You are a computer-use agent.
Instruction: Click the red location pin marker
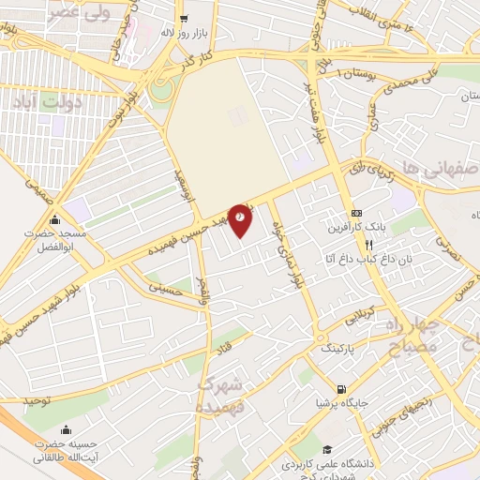pyautogui.click(x=241, y=219)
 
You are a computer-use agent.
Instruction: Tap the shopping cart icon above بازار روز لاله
pyautogui.click(x=184, y=17)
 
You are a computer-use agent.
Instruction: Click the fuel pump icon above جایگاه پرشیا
pyautogui.click(x=339, y=389)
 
